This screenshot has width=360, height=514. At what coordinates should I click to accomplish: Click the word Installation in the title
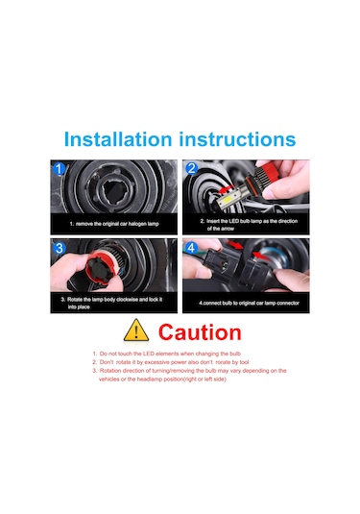point(118,139)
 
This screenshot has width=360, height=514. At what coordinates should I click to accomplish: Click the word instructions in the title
point(237,139)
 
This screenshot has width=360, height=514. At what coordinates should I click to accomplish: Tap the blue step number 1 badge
point(59,169)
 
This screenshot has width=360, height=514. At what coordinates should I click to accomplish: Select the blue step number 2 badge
point(192,168)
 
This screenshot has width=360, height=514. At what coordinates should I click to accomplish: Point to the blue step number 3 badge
point(60,248)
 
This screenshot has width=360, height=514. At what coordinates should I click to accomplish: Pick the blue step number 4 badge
point(192,248)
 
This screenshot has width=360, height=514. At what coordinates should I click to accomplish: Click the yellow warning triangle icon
point(136,330)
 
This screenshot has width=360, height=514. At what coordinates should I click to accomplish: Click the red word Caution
point(200,332)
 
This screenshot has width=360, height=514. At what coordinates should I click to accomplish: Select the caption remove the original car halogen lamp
point(114,224)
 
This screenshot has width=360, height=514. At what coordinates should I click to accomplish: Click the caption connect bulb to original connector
point(249,303)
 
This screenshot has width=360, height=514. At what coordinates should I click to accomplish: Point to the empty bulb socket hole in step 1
point(113,191)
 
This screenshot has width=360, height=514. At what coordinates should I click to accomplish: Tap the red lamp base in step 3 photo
point(99,270)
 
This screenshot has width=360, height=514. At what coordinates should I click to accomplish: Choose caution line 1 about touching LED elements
point(167,354)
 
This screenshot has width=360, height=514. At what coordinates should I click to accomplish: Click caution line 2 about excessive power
point(170,362)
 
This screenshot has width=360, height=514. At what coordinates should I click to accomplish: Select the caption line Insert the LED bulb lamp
point(249,221)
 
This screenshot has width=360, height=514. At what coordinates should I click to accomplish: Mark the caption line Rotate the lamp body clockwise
point(111,300)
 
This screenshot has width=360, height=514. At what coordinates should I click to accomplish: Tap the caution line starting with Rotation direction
point(189,371)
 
